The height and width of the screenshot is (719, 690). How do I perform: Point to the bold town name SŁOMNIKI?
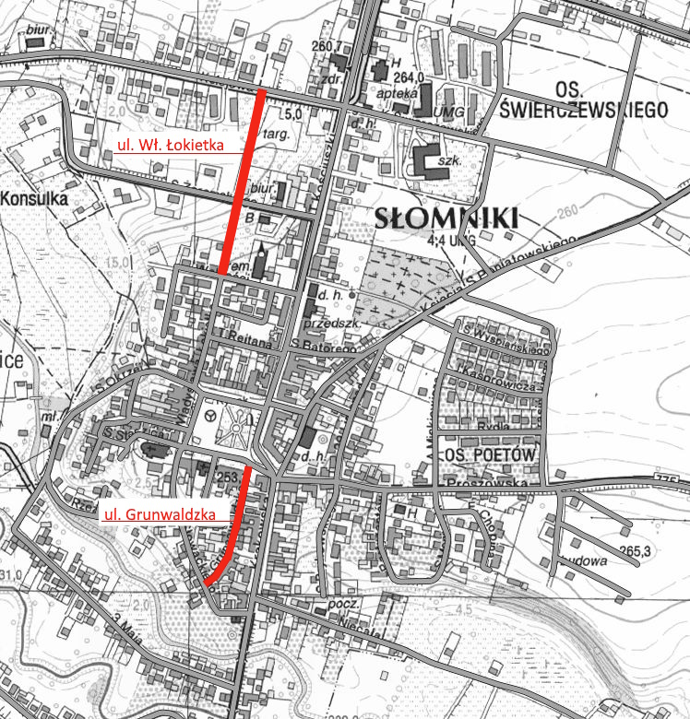448,218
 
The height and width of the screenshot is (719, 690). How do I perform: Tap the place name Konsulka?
37,197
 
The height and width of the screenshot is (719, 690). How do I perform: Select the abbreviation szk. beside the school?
449,160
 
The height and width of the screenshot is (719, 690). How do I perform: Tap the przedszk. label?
330,323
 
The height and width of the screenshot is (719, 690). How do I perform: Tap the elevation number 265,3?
636,552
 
